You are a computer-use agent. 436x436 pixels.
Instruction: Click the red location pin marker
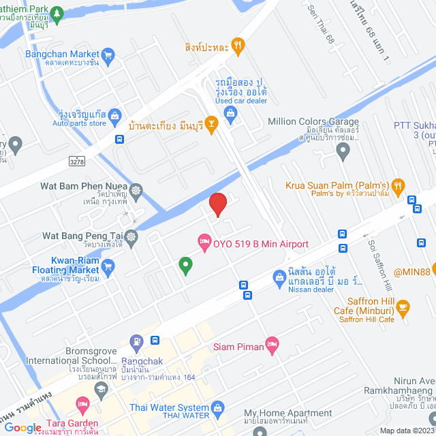click(x=217, y=204)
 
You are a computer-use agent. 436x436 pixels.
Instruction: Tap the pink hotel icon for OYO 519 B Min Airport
click(x=203, y=241)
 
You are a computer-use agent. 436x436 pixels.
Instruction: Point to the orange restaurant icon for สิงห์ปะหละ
click(x=238, y=47)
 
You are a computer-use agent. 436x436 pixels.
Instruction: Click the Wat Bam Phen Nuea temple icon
click(x=136, y=189)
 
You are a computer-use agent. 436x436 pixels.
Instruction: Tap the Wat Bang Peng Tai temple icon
click(x=131, y=236)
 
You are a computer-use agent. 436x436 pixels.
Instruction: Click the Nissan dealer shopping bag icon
click(x=279, y=277)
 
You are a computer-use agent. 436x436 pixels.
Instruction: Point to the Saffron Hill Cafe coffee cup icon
click(x=403, y=307)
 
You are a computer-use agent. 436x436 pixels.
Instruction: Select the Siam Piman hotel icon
click(x=272, y=345)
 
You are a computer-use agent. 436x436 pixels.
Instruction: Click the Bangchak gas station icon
click(x=137, y=339)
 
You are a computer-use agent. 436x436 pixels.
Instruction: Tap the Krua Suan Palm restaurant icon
click(x=399, y=184)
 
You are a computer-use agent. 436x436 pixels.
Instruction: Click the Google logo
click(x=22, y=428)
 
